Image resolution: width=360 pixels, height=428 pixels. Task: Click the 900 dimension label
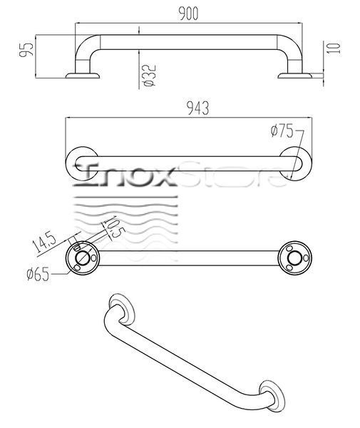188,14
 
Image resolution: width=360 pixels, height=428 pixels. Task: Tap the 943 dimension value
198,108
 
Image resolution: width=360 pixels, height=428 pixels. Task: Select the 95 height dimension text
26,49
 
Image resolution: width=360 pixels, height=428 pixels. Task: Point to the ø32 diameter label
150,76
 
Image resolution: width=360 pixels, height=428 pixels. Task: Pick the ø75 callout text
282,131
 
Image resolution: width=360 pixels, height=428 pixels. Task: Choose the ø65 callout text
38,274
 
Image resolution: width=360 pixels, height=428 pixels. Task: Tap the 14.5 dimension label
44,242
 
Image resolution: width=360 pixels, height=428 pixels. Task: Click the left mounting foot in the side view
83,76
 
